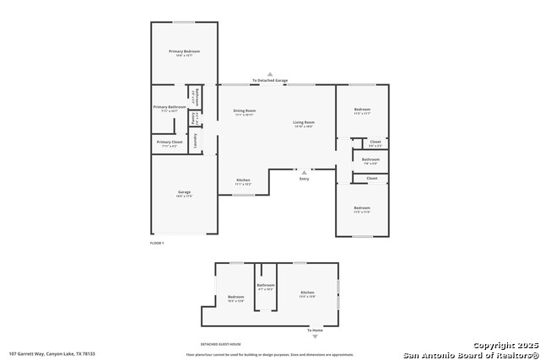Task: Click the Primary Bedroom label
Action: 184,52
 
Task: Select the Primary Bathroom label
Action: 170,107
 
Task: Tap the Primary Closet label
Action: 169,142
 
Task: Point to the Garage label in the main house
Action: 184,192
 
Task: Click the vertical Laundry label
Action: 195,140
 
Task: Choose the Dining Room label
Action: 245,110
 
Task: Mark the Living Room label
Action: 304,123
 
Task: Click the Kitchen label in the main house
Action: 243,180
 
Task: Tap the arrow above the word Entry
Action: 304,171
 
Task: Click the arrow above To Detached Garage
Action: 270,74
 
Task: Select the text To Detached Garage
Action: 270,81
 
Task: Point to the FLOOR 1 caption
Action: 156,243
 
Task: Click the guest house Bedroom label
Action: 236,297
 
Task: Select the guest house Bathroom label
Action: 267,286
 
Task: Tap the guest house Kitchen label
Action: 308,293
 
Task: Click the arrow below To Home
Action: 316,336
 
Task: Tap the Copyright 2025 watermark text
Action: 504,346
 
